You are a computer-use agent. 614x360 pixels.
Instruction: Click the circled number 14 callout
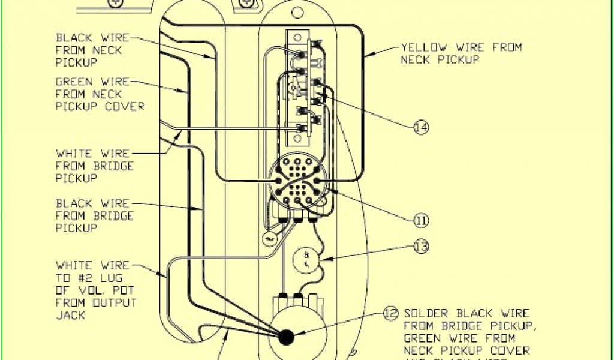422,127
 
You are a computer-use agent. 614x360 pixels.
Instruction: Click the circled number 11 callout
422,220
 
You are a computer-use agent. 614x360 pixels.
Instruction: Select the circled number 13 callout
422,245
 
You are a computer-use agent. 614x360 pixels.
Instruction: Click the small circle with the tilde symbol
267,239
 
